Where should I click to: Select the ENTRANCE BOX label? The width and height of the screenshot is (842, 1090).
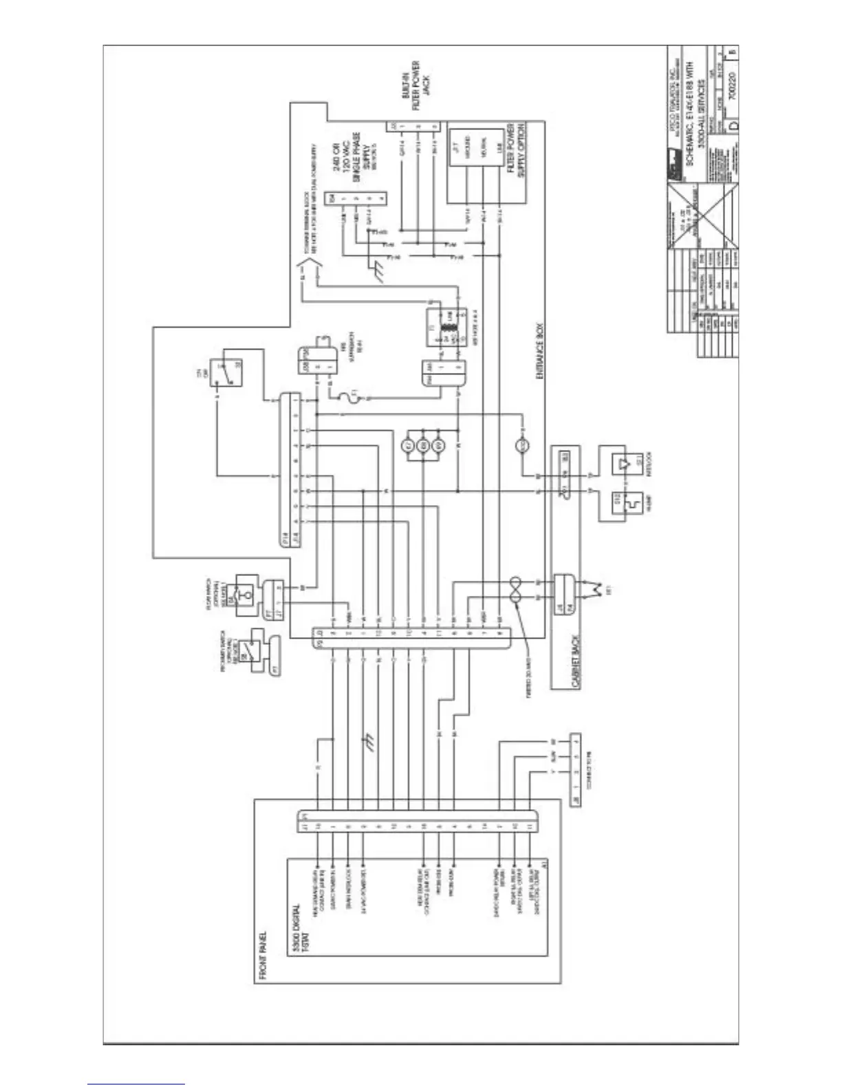pyautogui.click(x=540, y=352)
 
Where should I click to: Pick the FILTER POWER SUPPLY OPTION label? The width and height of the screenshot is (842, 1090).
pyautogui.click(x=515, y=151)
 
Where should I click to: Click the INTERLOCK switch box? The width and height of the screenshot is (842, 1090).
pyautogui.click(x=623, y=460)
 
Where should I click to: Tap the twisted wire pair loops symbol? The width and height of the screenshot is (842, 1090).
pyautogui.click(x=515, y=590)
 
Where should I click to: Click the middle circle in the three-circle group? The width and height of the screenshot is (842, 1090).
pyautogui.click(x=424, y=445)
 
